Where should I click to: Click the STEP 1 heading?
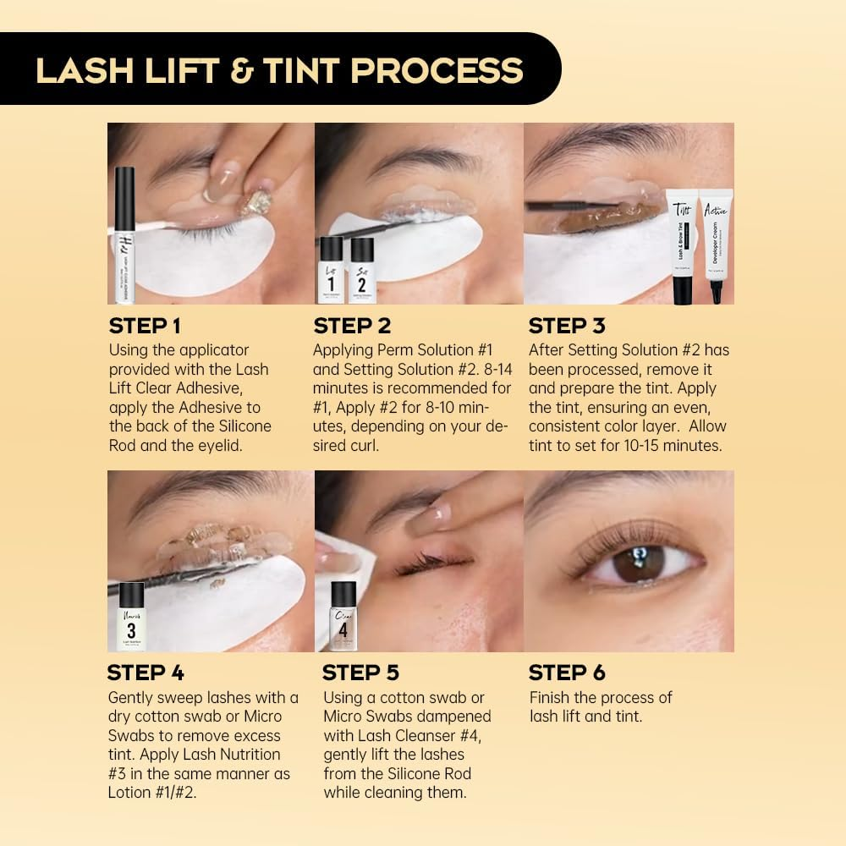pos(145,326)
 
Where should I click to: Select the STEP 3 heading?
pos(568,326)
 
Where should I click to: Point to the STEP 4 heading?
pos(146,673)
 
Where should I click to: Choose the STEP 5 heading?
pos(360,673)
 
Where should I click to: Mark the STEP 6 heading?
pos(567,673)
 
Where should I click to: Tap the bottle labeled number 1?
pos(331,271)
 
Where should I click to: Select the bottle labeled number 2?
pos(362,271)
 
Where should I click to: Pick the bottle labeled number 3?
pos(131,617)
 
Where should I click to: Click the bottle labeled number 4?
pos(343,617)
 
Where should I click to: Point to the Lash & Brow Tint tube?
pos(682,245)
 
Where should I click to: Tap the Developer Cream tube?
pos(716,245)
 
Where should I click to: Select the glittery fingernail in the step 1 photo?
pos(255,201)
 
